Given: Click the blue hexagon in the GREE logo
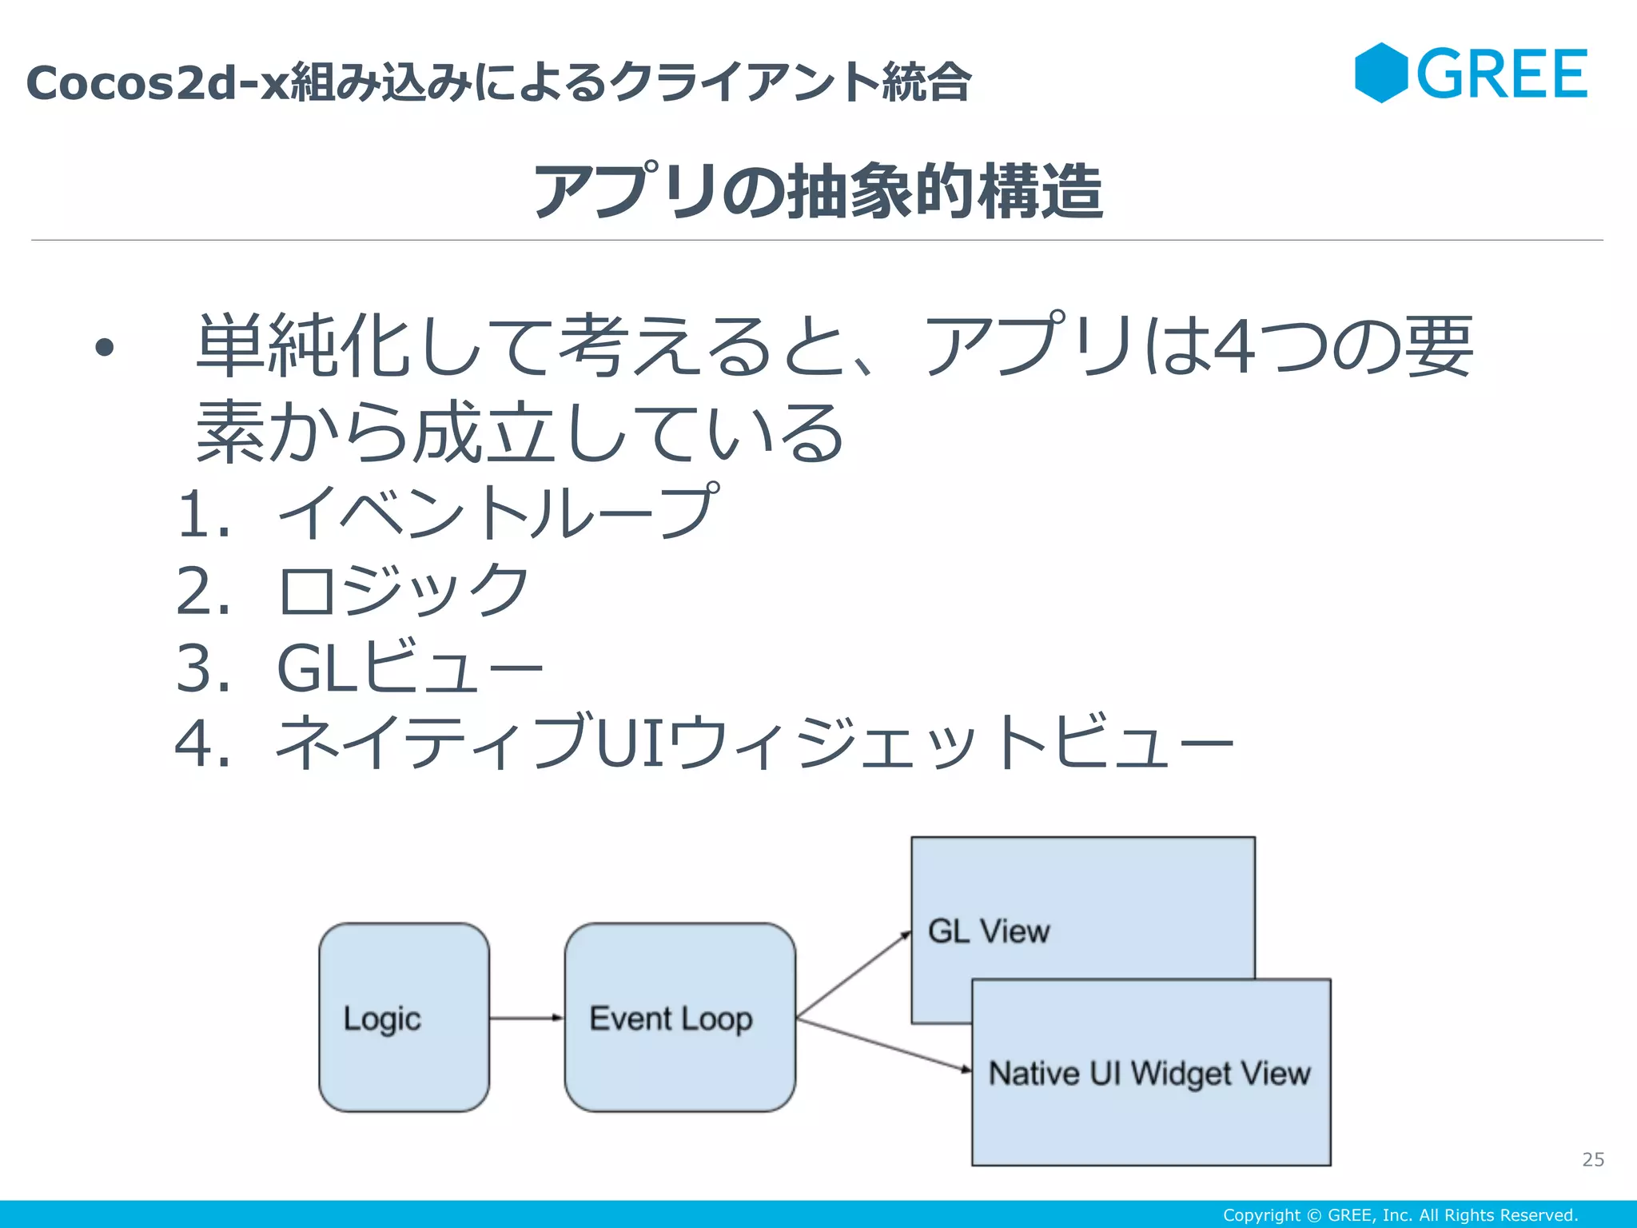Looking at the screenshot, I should coord(1381,73).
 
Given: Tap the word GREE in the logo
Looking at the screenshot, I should coord(1502,74).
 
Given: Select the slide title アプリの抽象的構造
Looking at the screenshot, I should coord(818,191).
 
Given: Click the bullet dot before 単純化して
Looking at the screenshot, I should coord(104,348).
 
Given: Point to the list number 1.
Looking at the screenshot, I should coord(196,513).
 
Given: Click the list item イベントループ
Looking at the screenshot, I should coord(496,512).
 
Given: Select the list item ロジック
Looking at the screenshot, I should coord(403,590).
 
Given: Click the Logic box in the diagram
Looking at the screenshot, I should coord(404,1017).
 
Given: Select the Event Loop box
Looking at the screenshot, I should coord(679,1017).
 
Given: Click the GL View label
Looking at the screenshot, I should coord(988,931).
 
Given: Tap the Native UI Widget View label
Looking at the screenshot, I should coord(1149,1073).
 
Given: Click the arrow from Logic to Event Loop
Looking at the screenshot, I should coord(527,1018).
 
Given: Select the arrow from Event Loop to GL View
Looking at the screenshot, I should coord(854,975).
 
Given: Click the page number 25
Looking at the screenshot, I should coord(1592,1159).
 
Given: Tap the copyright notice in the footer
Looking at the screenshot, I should coord(1400,1215).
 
